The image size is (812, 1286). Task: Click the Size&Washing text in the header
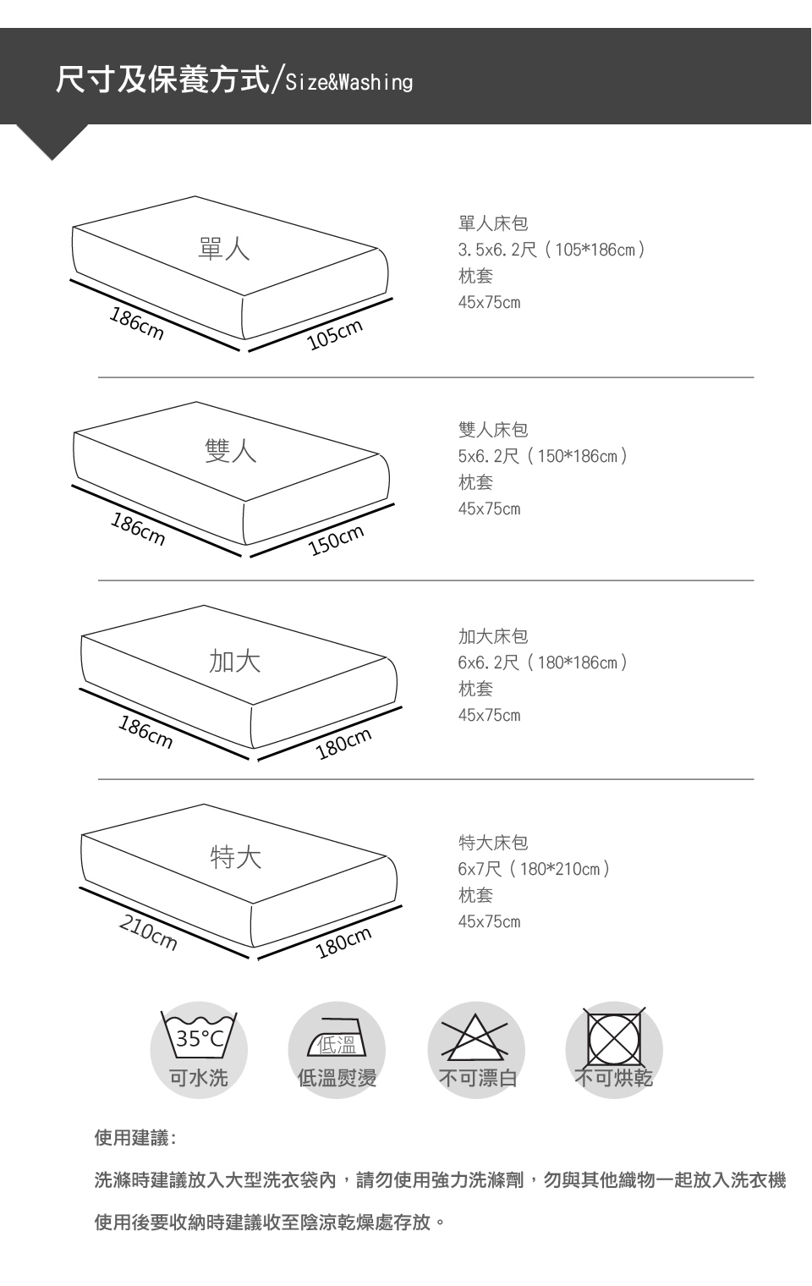click(348, 83)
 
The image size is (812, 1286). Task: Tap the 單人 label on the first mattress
click(224, 249)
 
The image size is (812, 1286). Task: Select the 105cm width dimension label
click(335, 334)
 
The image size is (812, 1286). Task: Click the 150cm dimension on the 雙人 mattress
click(337, 541)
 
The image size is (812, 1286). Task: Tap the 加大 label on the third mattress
click(234, 661)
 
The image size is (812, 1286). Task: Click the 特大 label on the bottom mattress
click(235, 857)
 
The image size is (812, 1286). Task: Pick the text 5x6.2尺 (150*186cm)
click(543, 456)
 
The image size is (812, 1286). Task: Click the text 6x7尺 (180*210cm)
click(534, 869)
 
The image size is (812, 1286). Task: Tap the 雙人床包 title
click(493, 430)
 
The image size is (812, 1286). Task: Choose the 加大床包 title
click(493, 636)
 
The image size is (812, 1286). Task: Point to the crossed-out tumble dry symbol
click(614, 1037)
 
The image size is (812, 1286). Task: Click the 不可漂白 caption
click(477, 1078)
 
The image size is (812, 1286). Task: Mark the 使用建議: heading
click(136, 1137)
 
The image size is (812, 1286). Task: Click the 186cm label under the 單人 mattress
click(136, 324)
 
